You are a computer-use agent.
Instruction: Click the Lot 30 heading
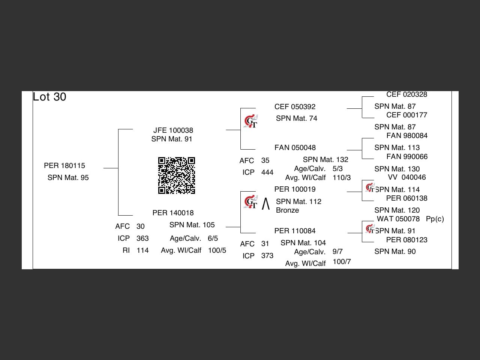pyautogui.click(x=49, y=97)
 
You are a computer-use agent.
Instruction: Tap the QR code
pyautogui.click(x=177, y=175)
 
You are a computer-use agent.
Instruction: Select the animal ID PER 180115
pyautogui.click(x=64, y=165)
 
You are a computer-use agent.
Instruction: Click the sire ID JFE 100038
pyautogui.click(x=173, y=130)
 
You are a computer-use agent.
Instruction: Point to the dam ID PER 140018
pyautogui.click(x=173, y=213)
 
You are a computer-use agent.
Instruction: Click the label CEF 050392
pyautogui.click(x=295, y=106)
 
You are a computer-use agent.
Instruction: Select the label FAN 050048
pyautogui.click(x=295, y=147)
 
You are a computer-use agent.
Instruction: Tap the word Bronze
pyautogui.click(x=287, y=210)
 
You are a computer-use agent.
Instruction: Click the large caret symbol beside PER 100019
pyautogui.click(x=266, y=204)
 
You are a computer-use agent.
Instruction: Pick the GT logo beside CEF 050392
pyautogui.click(x=250, y=121)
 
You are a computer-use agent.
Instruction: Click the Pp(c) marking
pyautogui.click(x=435, y=219)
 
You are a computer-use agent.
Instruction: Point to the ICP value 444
pyautogui.click(x=267, y=172)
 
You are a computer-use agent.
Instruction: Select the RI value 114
pyautogui.click(x=142, y=250)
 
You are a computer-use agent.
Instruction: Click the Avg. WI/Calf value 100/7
pyautogui.click(x=342, y=261)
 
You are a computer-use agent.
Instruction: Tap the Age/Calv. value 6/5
pyautogui.click(x=213, y=238)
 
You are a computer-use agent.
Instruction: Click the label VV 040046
pyautogui.click(x=407, y=177)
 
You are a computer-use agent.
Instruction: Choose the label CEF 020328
pyautogui.click(x=407, y=94)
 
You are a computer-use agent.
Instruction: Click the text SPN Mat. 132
pyautogui.click(x=325, y=160)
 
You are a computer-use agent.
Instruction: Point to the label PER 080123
pyautogui.click(x=407, y=240)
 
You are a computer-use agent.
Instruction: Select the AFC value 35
pyautogui.click(x=265, y=160)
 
